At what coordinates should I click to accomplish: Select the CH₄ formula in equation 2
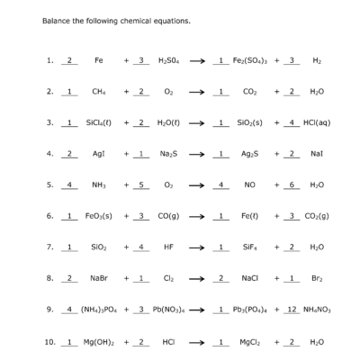pos(98,91)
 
